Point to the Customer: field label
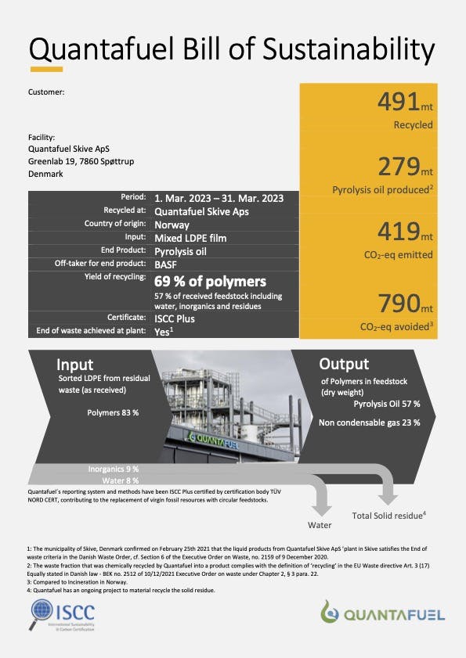pyautogui.click(x=46, y=92)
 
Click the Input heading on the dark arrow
pyautogui.click(x=75, y=365)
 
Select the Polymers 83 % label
pyautogui.click(x=113, y=412)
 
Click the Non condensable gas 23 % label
pyautogui.click(x=369, y=422)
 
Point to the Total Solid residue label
pyautogui.click(x=388, y=515)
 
